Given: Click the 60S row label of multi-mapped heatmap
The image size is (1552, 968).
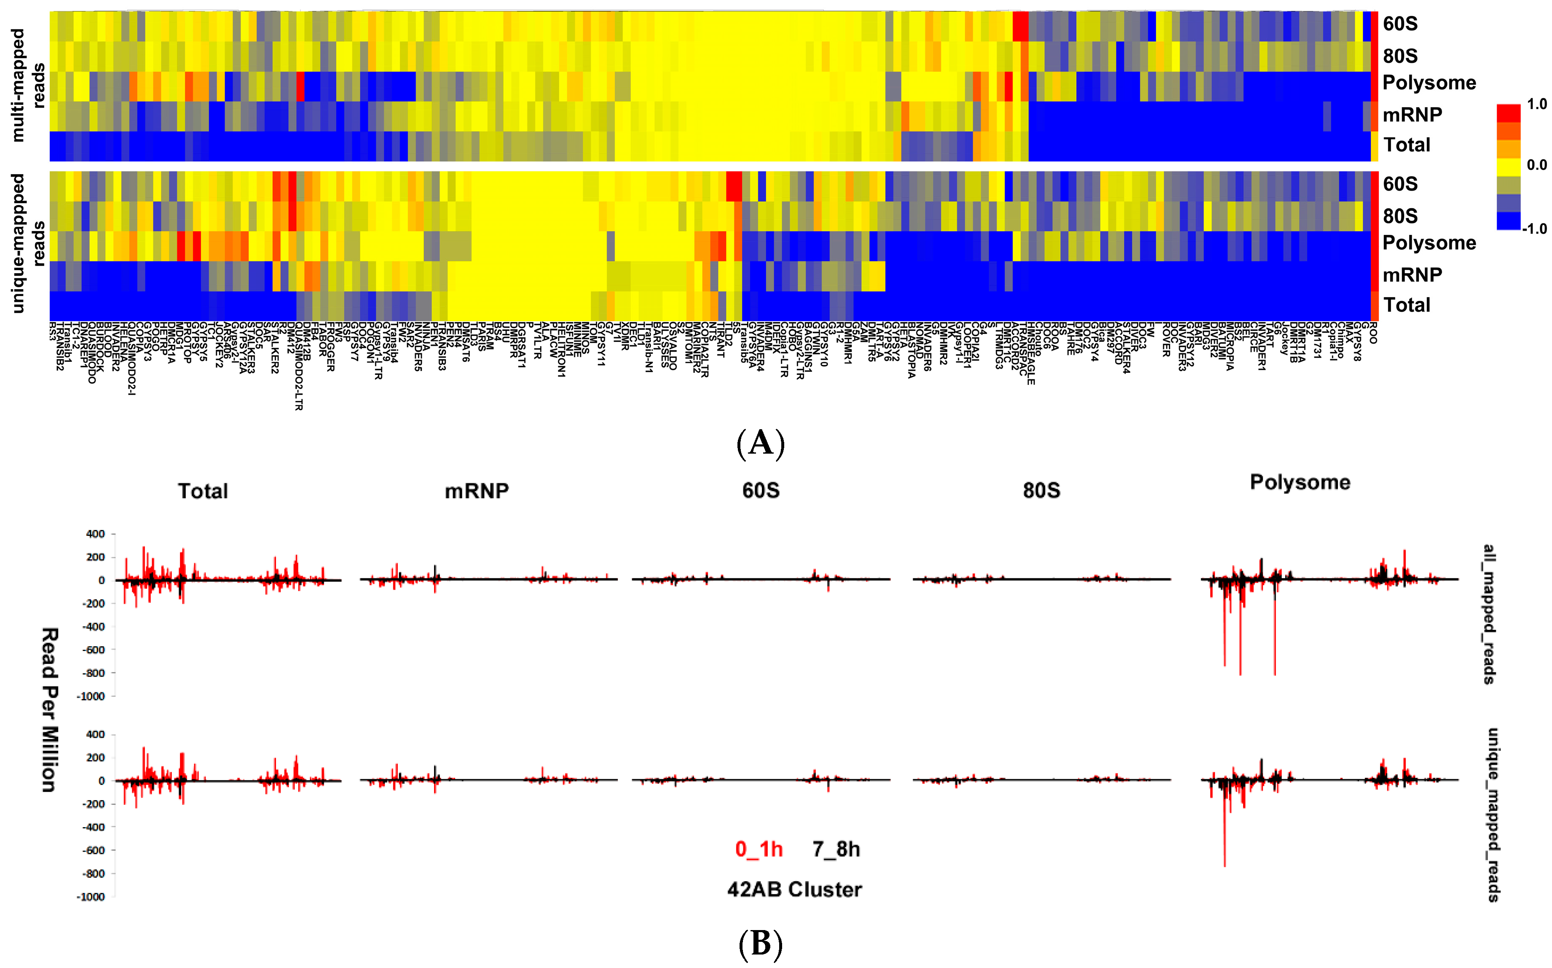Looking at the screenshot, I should click(x=1400, y=24).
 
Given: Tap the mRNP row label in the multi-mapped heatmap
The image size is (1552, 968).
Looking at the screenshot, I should click(x=1412, y=115).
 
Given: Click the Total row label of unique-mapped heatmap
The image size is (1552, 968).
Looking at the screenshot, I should click(x=1406, y=305).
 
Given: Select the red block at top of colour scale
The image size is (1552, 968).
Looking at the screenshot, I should click(x=1508, y=113).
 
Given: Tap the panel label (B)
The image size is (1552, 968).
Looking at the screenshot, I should click(x=760, y=944).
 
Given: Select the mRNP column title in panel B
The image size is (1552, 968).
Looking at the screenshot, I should click(x=477, y=491).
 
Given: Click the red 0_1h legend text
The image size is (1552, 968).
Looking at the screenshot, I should click(x=759, y=849).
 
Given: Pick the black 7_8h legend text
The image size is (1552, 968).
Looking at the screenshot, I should click(x=836, y=849).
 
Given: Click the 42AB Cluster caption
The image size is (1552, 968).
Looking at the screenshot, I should click(x=794, y=889).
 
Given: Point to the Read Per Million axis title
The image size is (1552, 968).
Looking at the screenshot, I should click(x=50, y=710).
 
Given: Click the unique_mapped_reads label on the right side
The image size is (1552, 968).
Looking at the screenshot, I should click(x=1492, y=815).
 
